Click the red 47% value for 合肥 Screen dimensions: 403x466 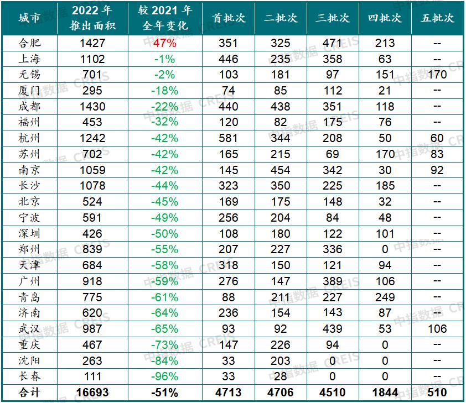[x=165, y=43]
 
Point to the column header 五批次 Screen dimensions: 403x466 [x=438, y=18]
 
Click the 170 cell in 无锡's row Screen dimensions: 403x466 [x=437, y=75]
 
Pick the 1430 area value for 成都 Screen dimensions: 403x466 [x=92, y=106]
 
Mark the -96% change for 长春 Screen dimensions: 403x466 [x=165, y=376]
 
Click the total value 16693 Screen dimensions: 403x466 [x=92, y=392]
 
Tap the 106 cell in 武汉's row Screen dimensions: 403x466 [x=437, y=329]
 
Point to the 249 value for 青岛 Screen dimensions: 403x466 [x=385, y=297]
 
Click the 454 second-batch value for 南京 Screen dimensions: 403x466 [x=281, y=170]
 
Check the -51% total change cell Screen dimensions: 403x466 [x=165, y=392]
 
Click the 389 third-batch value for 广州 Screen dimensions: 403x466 [x=333, y=281]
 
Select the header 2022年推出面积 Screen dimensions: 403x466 [x=92, y=18]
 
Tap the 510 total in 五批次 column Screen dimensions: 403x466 [x=437, y=392]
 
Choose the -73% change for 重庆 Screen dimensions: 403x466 [x=165, y=344]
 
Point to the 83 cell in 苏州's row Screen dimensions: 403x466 [x=437, y=154]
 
